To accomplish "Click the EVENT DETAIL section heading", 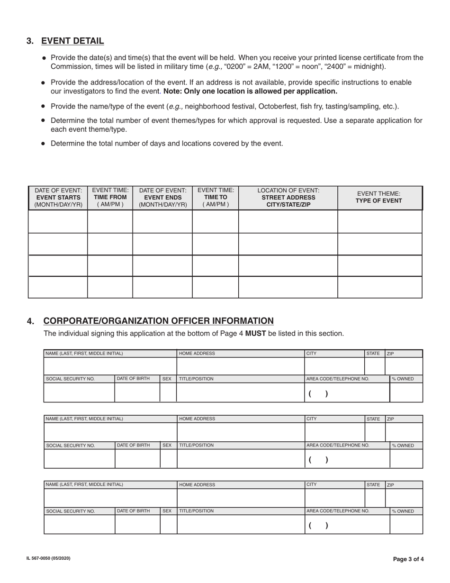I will (x=72, y=41).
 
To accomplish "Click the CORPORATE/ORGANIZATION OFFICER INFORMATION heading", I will (x=158, y=321).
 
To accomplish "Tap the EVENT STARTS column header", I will (x=58, y=198).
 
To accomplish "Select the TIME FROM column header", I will (x=110, y=197).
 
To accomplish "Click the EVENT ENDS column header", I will (x=162, y=198).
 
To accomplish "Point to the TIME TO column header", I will (x=216, y=197).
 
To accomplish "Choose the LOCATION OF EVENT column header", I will (x=288, y=198).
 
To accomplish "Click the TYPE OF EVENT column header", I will (x=379, y=200).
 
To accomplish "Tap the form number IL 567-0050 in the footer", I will (x=48, y=558).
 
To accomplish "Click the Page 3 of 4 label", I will (x=408, y=559).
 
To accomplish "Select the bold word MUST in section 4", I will (x=255, y=334).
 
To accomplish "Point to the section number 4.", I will (x=30, y=321).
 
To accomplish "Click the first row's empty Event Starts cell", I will (x=58, y=221).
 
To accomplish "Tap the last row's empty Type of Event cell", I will (x=379, y=287).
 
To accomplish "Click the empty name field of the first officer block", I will (x=110, y=366).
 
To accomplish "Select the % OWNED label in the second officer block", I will (x=403, y=446).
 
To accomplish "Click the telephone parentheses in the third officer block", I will (x=318, y=525).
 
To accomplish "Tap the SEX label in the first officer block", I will (x=167, y=379).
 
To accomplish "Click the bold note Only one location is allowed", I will (x=250, y=91).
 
